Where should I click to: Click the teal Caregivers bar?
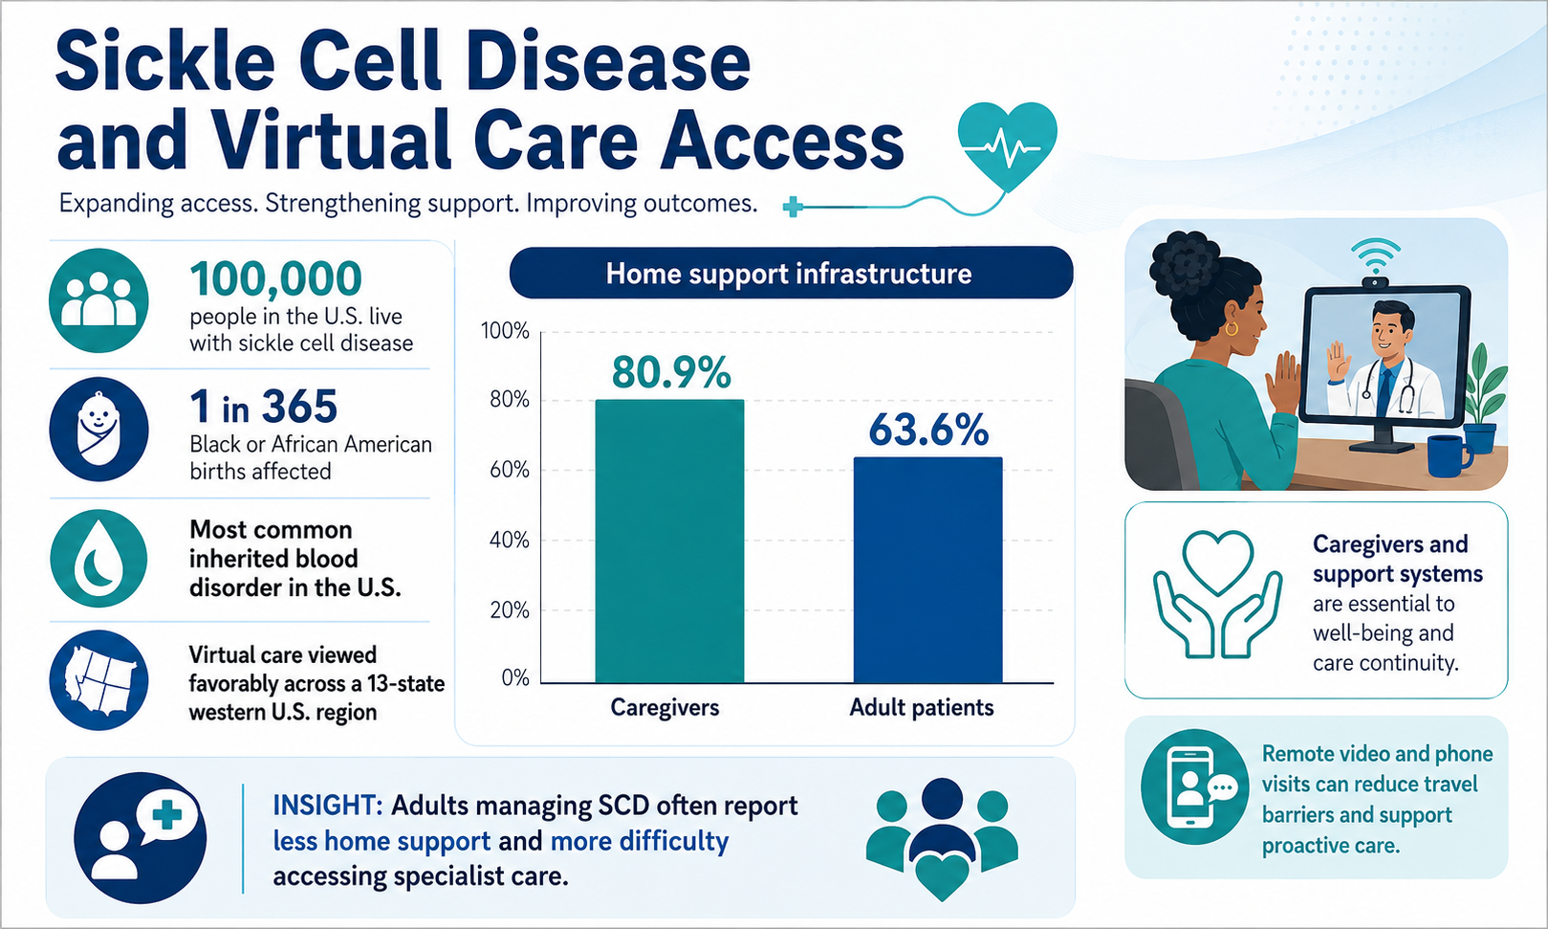(669, 542)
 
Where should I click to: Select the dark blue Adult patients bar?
(927, 570)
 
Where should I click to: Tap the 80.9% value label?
(671, 372)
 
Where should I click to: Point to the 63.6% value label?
(928, 430)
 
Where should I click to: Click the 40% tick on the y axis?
(510, 541)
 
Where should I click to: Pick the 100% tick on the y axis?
(505, 331)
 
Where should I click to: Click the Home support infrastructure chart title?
(789, 274)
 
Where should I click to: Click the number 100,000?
(275, 278)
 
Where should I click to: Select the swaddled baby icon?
(98, 429)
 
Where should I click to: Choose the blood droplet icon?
(98, 558)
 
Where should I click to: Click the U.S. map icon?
(98, 680)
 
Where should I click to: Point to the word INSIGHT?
(328, 806)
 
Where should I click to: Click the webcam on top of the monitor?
(1375, 281)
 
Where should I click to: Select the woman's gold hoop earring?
(1232, 328)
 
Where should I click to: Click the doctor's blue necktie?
(1384, 391)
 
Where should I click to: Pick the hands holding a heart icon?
(1218, 593)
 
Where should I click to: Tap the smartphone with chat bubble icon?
(1195, 787)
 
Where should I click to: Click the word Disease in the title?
(610, 61)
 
